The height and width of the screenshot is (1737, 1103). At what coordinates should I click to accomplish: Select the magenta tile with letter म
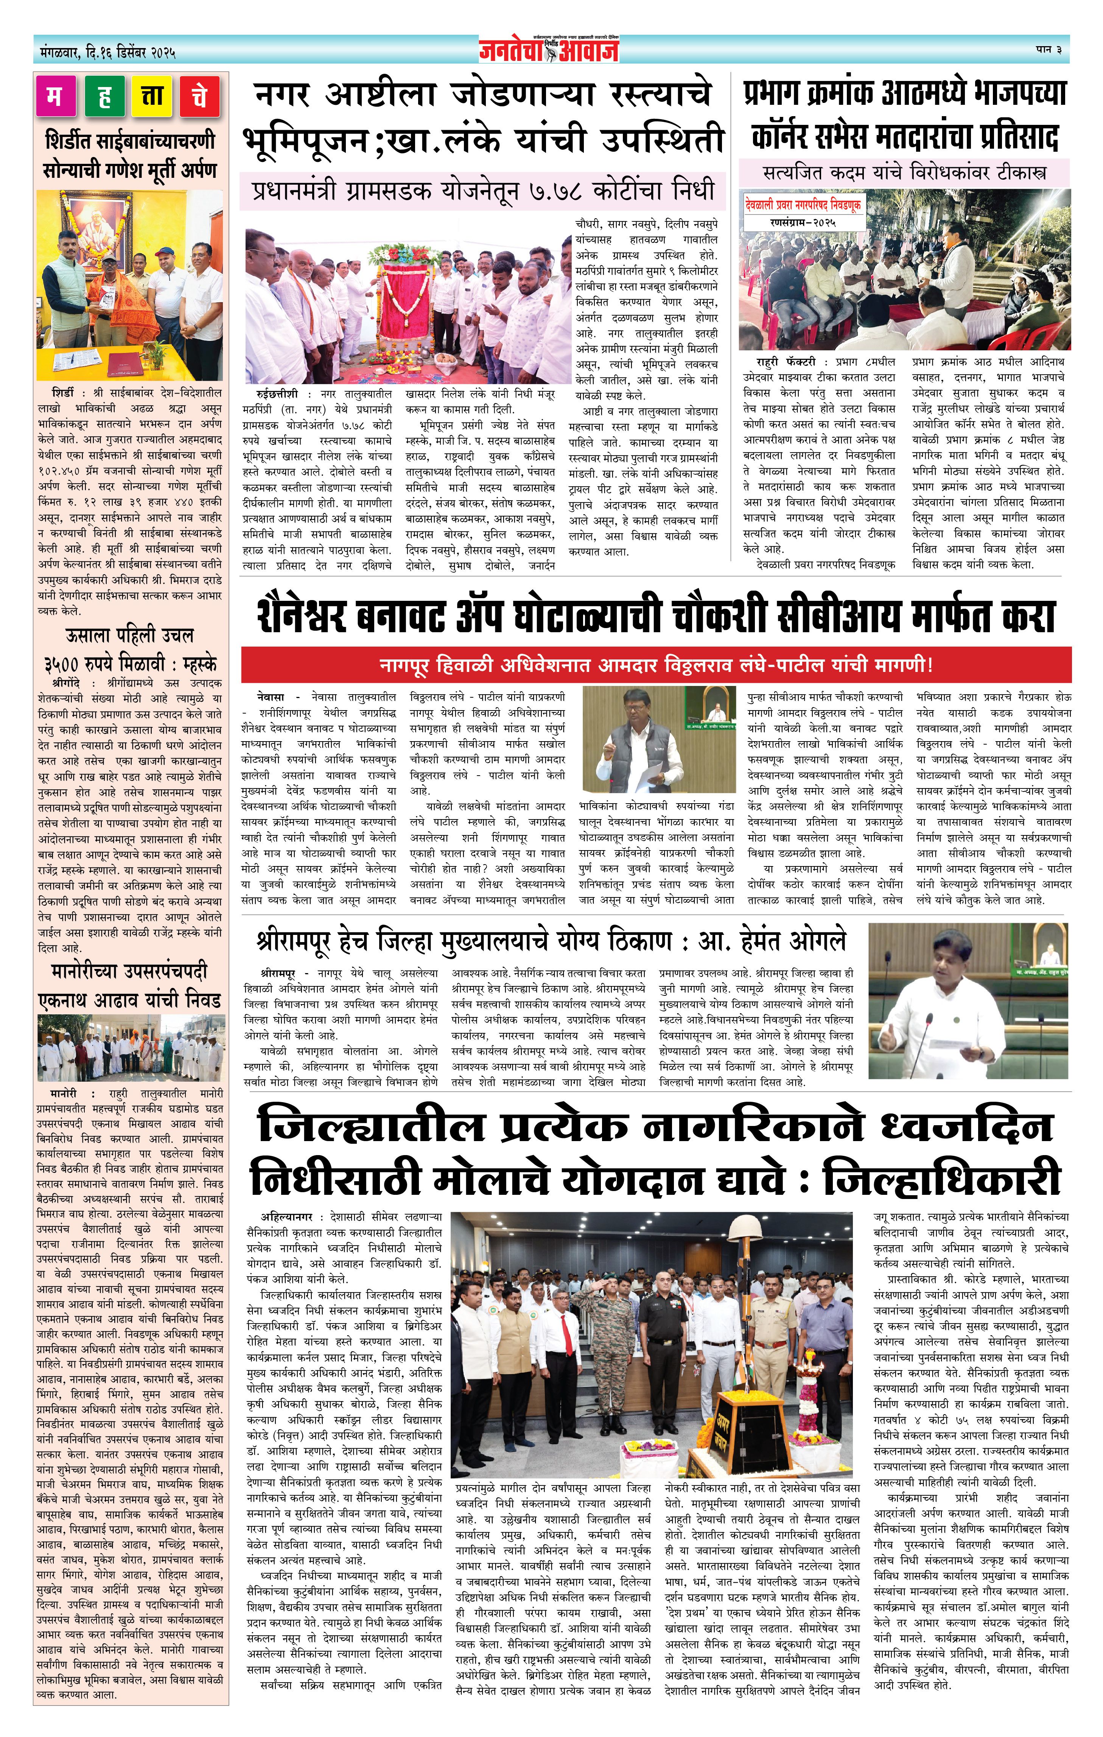[55, 96]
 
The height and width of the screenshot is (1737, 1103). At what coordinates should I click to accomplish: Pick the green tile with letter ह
[104, 96]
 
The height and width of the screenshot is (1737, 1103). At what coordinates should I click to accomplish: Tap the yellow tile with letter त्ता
[151, 96]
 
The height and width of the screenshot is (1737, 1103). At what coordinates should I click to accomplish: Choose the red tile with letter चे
[200, 96]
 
